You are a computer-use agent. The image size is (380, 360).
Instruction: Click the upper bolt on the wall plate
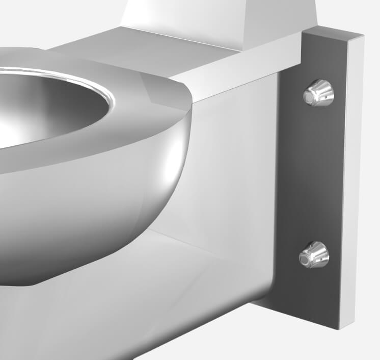(x=319, y=93)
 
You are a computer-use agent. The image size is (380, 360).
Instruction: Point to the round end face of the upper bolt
(x=311, y=95)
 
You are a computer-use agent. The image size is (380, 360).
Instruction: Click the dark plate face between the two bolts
(x=316, y=173)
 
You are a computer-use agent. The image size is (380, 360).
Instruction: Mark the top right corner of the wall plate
(x=363, y=36)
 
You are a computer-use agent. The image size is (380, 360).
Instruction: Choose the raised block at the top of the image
(x=219, y=15)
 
